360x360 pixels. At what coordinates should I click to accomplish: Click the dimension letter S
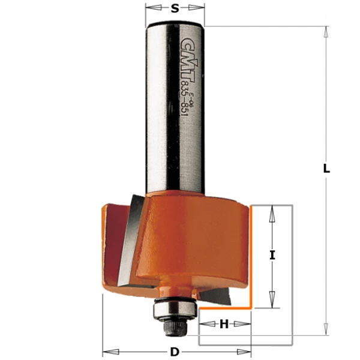(x=175, y=8)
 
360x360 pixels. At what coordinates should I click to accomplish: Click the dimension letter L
(x=326, y=169)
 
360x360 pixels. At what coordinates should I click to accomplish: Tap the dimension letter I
(x=272, y=255)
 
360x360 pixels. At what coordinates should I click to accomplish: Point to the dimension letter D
(x=175, y=352)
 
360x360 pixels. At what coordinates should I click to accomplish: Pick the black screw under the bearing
(x=174, y=328)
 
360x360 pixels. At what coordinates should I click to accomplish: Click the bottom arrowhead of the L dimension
(x=326, y=331)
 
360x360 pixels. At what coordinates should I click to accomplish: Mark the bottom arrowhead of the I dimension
(x=272, y=304)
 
